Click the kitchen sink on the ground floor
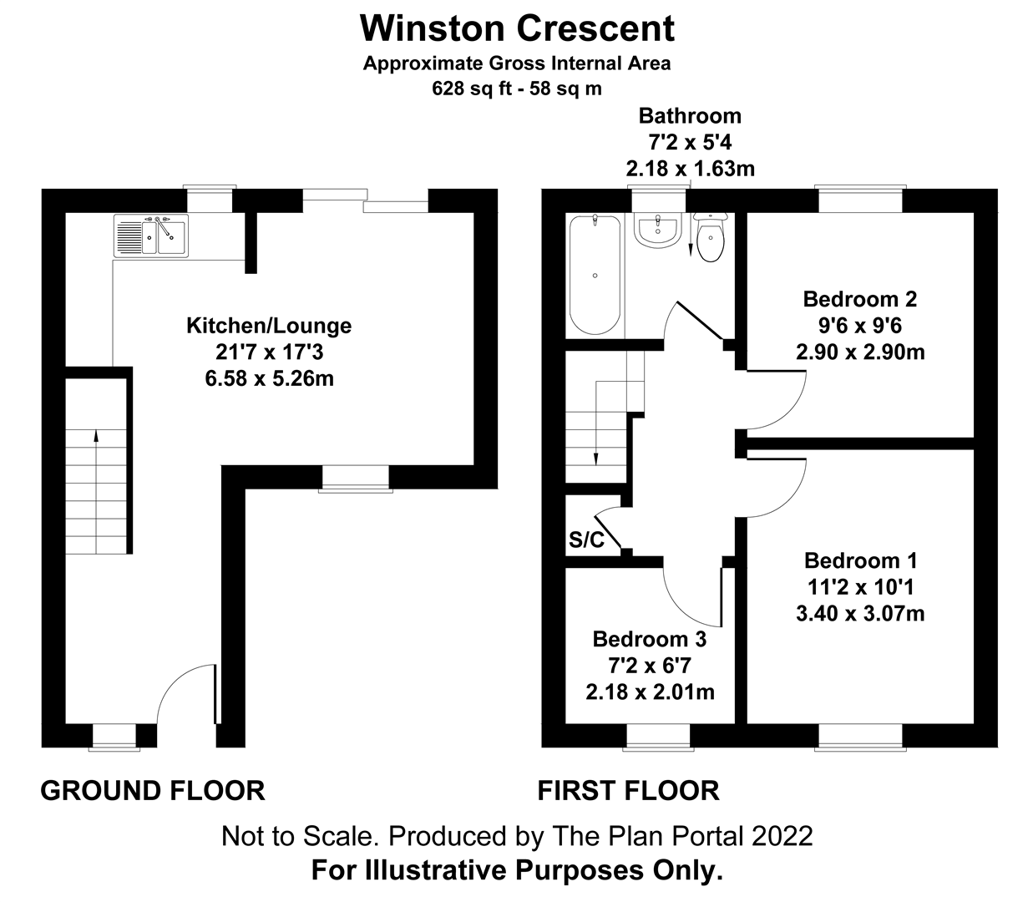151,235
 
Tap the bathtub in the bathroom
595,275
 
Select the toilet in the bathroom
709,240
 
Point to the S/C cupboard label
586,540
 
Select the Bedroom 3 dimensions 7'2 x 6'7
649,666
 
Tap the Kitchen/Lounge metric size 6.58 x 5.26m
269,378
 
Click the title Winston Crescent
517,28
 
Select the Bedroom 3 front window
658,737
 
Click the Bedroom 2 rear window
860,200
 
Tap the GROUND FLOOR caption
153,790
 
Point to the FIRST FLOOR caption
628,790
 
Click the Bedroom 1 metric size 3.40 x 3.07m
860,614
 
